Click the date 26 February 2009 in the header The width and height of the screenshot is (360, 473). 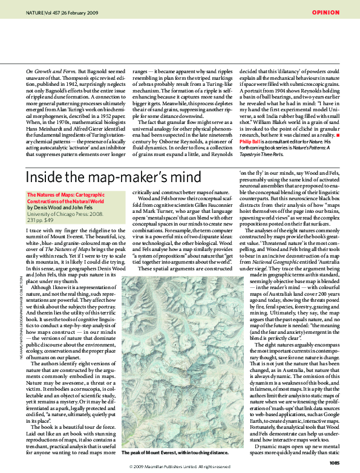click(x=76, y=12)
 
